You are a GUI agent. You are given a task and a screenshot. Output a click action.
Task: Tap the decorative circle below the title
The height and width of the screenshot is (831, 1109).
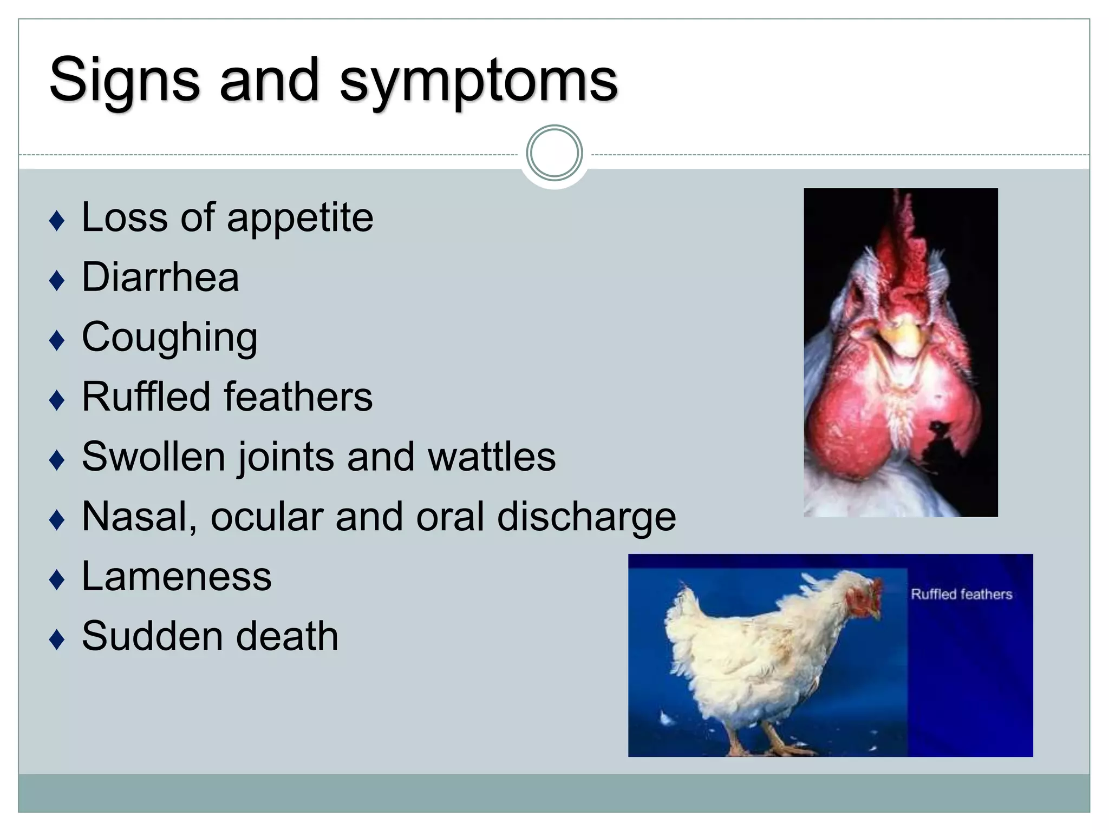tap(554, 153)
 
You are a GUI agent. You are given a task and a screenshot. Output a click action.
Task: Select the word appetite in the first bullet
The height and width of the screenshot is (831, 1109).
tap(300, 218)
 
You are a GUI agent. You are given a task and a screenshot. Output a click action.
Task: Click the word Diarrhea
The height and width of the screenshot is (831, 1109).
tap(160, 277)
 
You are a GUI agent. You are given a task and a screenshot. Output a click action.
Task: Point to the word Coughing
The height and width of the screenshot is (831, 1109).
tap(169, 338)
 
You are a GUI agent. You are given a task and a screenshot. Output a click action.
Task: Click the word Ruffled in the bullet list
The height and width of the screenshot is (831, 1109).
tap(146, 397)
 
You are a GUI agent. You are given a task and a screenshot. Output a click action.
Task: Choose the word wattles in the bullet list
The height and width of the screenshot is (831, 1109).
tap(492, 457)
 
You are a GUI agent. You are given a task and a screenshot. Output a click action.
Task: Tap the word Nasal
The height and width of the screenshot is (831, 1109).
tap(139, 517)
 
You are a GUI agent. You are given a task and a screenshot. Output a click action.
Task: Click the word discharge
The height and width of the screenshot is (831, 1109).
tap(586, 517)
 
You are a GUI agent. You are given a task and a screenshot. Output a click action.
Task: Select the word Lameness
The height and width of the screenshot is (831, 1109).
tap(177, 576)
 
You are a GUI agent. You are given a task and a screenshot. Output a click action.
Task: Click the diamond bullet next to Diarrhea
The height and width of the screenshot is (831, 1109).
tap(56, 281)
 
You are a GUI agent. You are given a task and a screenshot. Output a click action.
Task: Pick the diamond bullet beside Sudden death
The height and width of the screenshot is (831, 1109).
tap(56, 640)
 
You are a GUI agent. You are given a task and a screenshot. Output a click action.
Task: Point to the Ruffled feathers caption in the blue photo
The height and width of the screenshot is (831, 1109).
tap(961, 594)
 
